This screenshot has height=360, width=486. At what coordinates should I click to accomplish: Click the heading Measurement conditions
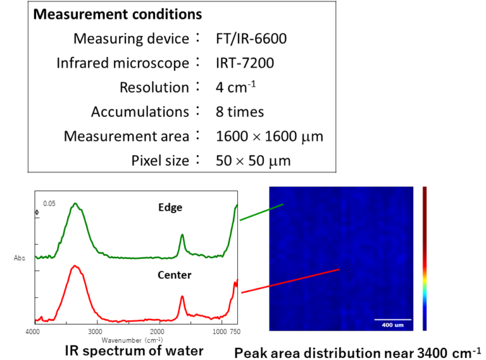(x=117, y=14)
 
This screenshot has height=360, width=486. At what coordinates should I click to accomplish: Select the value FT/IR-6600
(x=251, y=39)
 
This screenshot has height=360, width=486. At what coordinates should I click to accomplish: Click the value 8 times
(x=240, y=112)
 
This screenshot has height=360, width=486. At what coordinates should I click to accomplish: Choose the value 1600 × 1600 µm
(x=269, y=136)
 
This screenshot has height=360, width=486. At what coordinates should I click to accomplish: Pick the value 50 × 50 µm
(x=253, y=161)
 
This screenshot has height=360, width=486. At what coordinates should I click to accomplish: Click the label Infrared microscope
(x=123, y=63)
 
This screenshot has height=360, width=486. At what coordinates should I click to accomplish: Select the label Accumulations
(x=140, y=112)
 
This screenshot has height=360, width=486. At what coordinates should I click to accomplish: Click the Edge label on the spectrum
(x=170, y=207)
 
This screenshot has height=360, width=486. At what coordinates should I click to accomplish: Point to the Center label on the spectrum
(x=175, y=275)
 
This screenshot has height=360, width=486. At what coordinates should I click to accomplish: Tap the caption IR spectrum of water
(x=134, y=351)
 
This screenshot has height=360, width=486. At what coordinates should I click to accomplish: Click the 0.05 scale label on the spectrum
(x=49, y=203)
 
